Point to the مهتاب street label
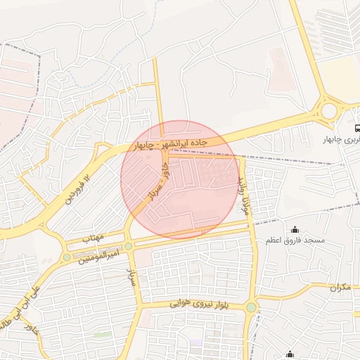click(93, 238)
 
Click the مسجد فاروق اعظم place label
click(295, 240)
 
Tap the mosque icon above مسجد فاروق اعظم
click(295, 229)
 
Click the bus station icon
click(358, 129)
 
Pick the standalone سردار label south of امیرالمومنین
click(131, 275)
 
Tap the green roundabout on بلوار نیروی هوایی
click(252, 307)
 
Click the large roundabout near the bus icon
click(328, 110)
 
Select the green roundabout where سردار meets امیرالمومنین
click(128, 245)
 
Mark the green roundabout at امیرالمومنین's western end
click(67, 257)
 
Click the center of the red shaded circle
click(180, 180)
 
